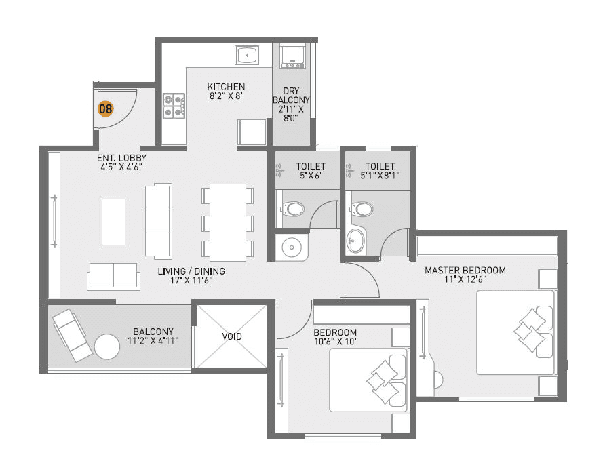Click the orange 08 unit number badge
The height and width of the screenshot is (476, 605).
pyautogui.click(x=105, y=108)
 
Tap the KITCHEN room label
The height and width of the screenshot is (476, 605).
pyautogui.click(x=226, y=87)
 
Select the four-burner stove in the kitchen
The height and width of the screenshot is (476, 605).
pyautogui.click(x=174, y=106)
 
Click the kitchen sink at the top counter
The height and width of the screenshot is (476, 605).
pyautogui.click(x=247, y=54)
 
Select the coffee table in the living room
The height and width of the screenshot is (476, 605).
pyautogui.click(x=113, y=221)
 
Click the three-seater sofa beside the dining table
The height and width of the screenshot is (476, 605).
pyautogui.click(x=159, y=220)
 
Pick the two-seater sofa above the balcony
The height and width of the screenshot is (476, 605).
pyautogui.click(x=113, y=276)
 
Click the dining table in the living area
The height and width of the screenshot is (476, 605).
pyautogui.click(x=227, y=222)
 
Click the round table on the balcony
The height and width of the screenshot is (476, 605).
pyautogui.click(x=107, y=346)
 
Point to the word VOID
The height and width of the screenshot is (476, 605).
pyautogui.click(x=232, y=336)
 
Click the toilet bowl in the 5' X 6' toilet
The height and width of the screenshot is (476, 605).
pyautogui.click(x=293, y=208)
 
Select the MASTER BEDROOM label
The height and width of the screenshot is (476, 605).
pyautogui.click(x=465, y=270)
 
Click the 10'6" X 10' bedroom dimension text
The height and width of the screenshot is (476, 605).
pyautogui.click(x=335, y=342)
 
